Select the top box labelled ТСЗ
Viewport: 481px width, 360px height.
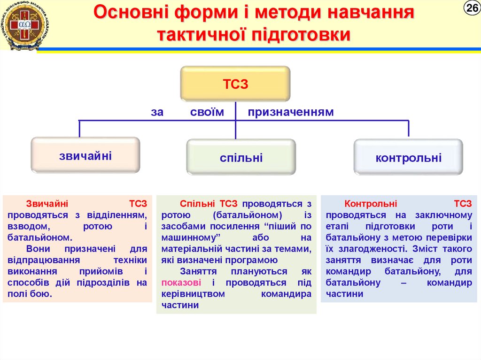pos(235,84)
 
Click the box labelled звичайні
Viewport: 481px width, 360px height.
pos(85,155)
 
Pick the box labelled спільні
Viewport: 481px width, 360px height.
pos(241,158)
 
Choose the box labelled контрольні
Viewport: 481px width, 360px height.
pos(408,157)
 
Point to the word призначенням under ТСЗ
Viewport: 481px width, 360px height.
pos(291,112)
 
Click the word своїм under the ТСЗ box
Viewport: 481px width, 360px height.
pos(207,112)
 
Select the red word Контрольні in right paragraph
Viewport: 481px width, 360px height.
pos(371,204)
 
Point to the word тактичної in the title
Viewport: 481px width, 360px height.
pos(202,34)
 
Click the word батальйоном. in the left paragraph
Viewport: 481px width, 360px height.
pos(39,237)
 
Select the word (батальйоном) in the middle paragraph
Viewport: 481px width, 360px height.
pos(247,215)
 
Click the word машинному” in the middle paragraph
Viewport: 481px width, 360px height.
pos(191,237)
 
